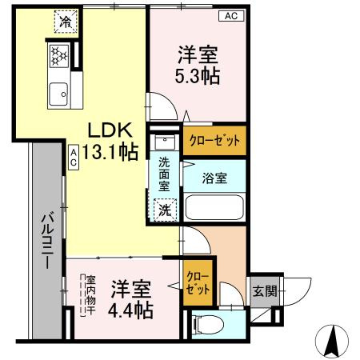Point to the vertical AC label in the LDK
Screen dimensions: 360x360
73,156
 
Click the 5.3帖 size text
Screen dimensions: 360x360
198,77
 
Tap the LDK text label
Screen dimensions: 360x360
108,130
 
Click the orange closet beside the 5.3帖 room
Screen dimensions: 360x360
214,141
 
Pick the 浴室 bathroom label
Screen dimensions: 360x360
214,178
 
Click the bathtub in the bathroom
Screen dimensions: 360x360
214,208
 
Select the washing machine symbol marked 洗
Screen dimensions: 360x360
162,210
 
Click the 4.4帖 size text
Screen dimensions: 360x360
131,310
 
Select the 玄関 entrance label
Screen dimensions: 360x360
264,291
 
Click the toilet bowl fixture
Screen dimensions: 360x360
206,323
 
